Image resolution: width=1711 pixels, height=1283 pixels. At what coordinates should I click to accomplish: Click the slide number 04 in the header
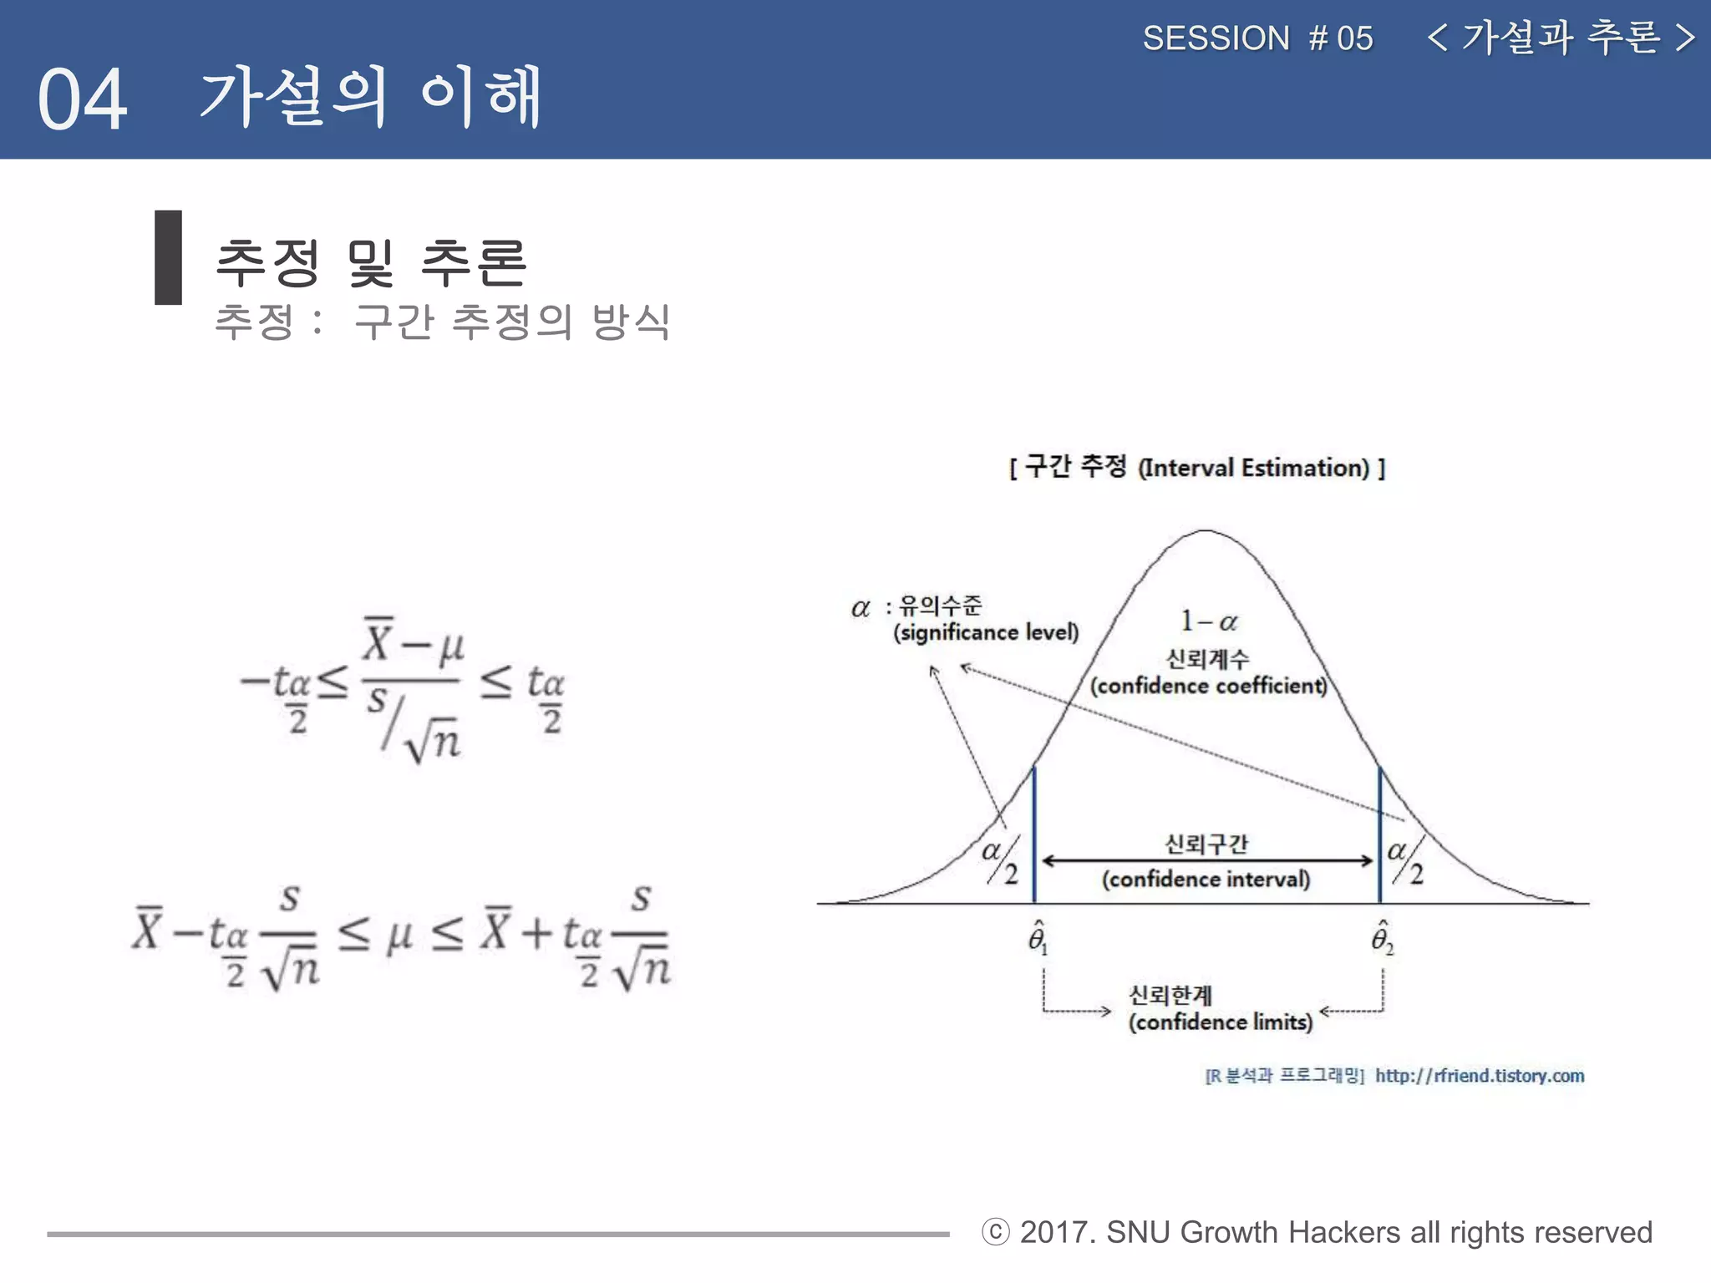(82, 99)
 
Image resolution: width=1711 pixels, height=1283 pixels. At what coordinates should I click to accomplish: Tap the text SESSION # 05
(1257, 38)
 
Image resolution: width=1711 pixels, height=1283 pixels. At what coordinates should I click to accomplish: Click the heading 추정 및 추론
(371, 261)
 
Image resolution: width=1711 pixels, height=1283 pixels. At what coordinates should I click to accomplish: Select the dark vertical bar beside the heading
(168, 257)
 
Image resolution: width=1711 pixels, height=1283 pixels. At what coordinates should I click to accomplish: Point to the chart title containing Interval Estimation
(1197, 467)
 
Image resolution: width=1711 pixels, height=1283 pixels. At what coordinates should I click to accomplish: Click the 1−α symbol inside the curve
(1208, 621)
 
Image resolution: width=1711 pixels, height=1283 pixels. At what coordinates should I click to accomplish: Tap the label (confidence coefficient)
(1208, 686)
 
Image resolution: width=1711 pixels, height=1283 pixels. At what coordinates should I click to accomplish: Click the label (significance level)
(986, 632)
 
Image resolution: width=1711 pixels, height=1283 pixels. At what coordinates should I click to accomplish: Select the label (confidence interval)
(1206, 880)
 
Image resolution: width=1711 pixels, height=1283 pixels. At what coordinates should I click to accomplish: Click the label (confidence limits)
(1220, 1022)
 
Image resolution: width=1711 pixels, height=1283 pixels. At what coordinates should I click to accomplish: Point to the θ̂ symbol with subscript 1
(1037, 938)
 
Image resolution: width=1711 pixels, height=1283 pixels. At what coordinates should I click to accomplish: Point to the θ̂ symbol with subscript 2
(1382, 938)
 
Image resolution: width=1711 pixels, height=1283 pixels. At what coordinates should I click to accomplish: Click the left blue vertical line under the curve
(1034, 835)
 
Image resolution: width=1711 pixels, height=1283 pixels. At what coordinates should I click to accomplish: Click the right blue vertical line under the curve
(1379, 835)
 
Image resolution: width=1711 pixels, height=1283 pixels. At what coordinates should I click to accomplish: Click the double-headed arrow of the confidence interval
(1206, 860)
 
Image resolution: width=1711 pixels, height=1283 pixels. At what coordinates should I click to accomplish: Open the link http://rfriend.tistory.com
(1480, 1076)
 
